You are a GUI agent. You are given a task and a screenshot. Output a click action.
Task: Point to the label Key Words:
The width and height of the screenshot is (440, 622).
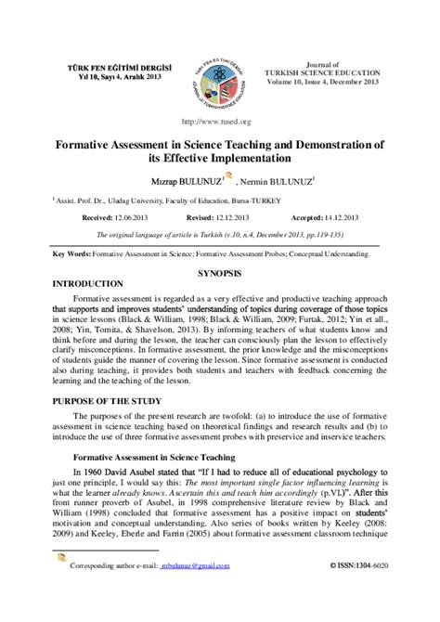[x=73, y=253]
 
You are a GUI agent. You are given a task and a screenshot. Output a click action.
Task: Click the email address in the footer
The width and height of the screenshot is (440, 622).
[x=199, y=590]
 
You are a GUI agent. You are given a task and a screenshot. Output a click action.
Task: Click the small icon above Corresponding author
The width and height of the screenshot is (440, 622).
[x=61, y=582]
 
